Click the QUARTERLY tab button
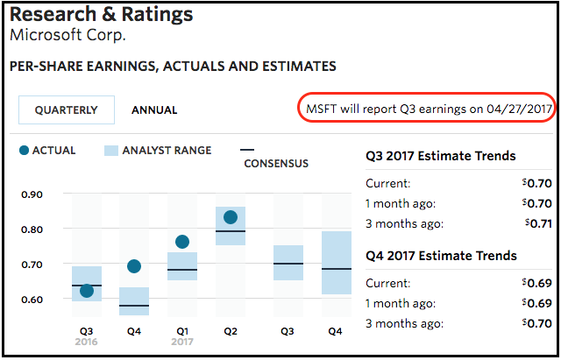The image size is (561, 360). point(67,110)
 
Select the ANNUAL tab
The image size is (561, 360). point(154,110)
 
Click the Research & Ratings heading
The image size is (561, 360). point(102,16)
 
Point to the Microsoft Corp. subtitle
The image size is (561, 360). point(67,36)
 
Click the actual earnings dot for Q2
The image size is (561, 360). point(231,217)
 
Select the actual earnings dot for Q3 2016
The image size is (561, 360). point(87,291)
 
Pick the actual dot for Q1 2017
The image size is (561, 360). point(182,242)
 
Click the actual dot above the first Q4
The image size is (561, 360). point(134,266)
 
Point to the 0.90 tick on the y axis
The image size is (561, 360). point(32,194)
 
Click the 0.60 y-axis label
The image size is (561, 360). point(32,299)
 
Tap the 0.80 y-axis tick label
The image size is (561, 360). point(32,229)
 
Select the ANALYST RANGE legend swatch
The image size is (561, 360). point(111,151)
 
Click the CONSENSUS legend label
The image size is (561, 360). point(276,164)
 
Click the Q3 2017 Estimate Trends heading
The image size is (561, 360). point(441,157)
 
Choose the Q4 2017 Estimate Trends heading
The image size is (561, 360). point(441,256)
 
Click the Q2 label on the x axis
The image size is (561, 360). point(231,332)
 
